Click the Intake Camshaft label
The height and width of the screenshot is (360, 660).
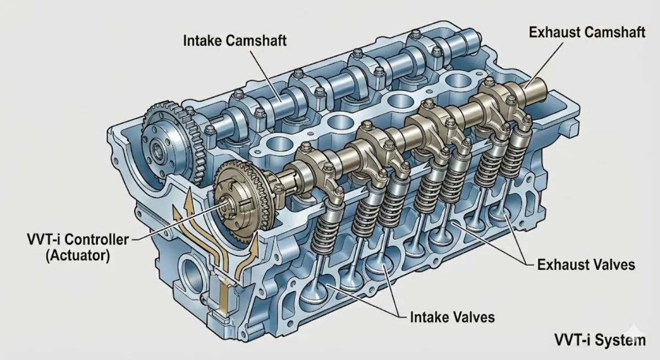pyautogui.click(x=234, y=41)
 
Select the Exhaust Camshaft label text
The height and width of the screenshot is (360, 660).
pyautogui.click(x=587, y=32)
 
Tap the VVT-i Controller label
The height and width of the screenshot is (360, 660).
pyautogui.click(x=78, y=240)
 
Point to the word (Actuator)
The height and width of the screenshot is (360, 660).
pyautogui.click(x=78, y=255)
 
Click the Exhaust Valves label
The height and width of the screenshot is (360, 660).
pyautogui.click(x=586, y=264)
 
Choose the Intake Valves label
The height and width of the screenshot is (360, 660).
pyautogui.click(x=452, y=317)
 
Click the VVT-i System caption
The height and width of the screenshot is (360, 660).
pyautogui.click(x=600, y=340)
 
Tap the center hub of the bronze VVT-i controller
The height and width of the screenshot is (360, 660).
pyautogui.click(x=226, y=208)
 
